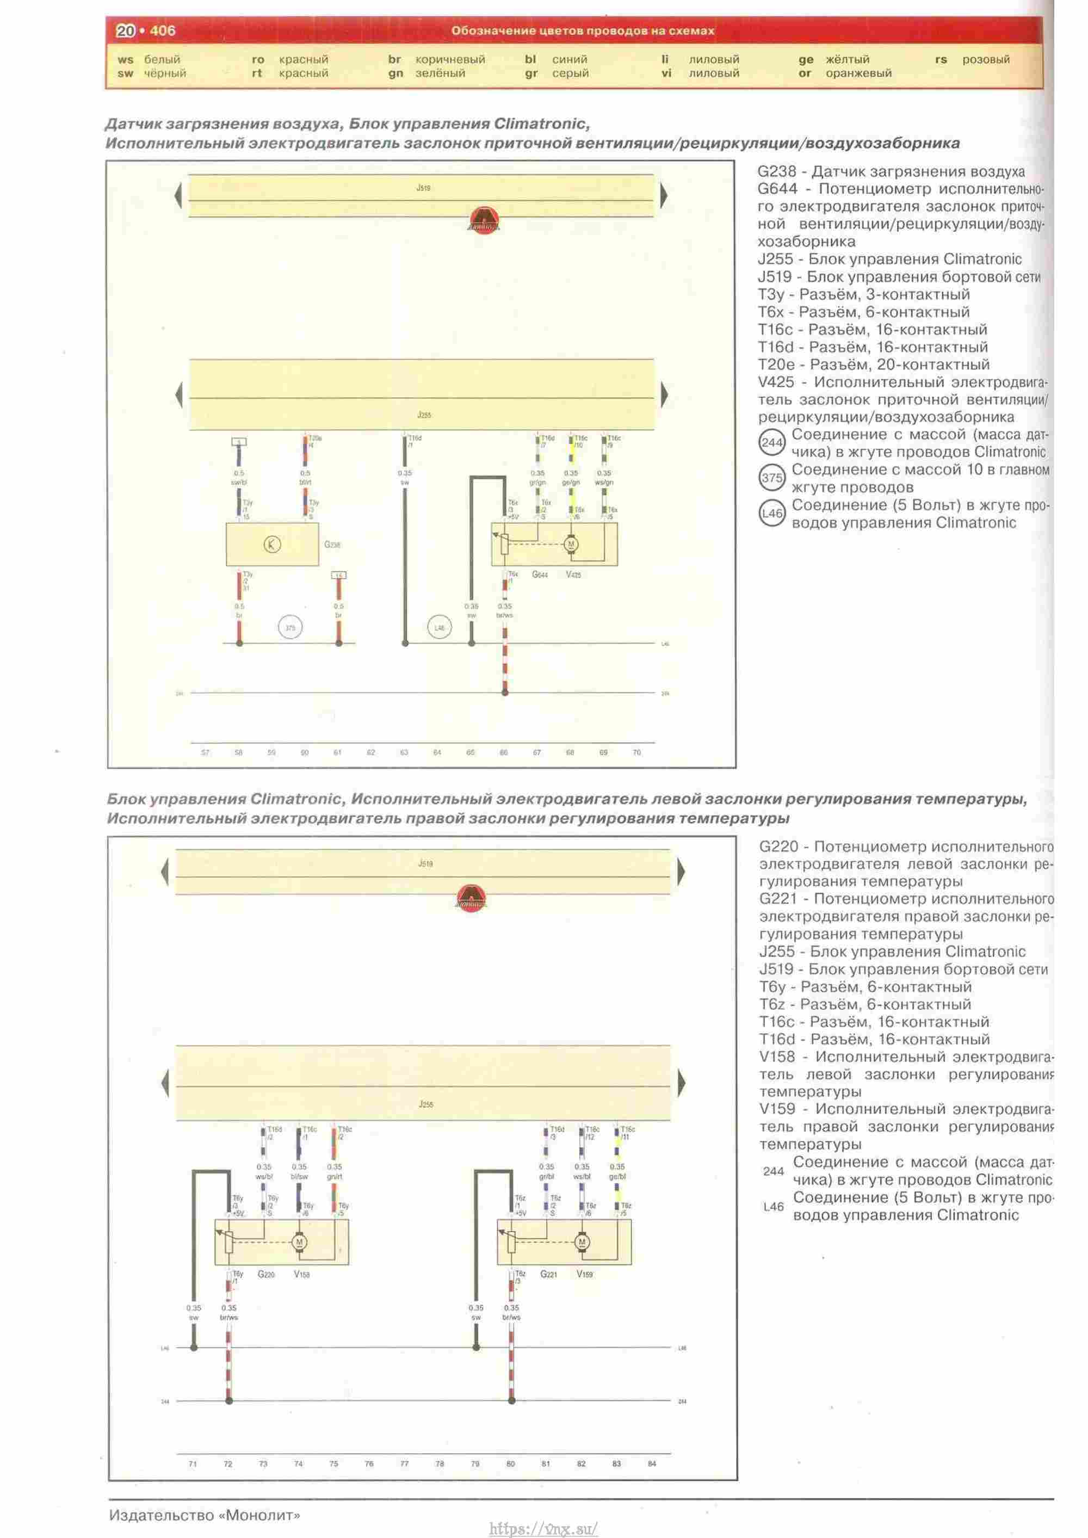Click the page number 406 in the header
[x=162, y=31]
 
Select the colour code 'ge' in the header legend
[x=805, y=60]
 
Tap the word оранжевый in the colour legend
[x=858, y=73]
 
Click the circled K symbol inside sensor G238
[x=272, y=545]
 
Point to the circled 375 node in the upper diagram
[x=290, y=628]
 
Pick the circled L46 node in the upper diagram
[x=439, y=628]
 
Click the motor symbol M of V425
[x=571, y=544]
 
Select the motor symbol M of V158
[x=299, y=1242]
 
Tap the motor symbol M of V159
[x=582, y=1242]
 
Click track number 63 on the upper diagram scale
[x=404, y=752]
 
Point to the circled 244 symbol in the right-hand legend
[x=772, y=443]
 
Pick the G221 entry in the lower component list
[x=778, y=898]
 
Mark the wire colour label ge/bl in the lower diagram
[x=617, y=1176]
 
